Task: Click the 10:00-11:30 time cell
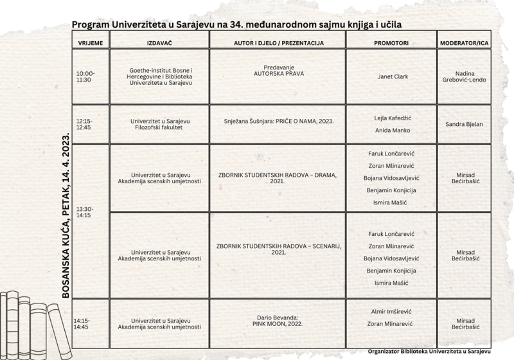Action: (x=85, y=76)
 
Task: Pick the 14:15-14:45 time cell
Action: (x=82, y=323)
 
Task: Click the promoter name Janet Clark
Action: (x=391, y=77)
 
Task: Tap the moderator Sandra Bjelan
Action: (x=464, y=124)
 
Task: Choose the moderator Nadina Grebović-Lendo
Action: (x=464, y=76)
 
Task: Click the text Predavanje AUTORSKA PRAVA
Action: (x=278, y=70)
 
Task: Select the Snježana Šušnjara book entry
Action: (x=278, y=120)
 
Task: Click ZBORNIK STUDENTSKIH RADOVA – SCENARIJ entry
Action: (x=278, y=249)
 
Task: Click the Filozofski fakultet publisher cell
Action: (x=160, y=124)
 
